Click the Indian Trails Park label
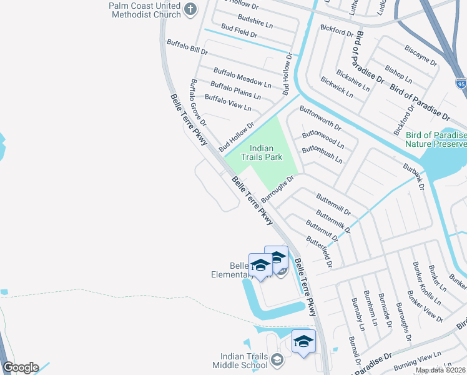[x=266, y=152]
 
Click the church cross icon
[x=191, y=9]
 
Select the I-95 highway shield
[x=460, y=84]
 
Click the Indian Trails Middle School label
[x=238, y=360]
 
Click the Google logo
[x=21, y=367]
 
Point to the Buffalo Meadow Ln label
[x=242, y=78]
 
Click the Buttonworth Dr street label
[x=320, y=117]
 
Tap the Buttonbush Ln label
[x=322, y=155]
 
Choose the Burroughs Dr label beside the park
[x=277, y=189]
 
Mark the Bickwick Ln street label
[x=337, y=87]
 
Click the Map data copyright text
[x=440, y=370]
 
